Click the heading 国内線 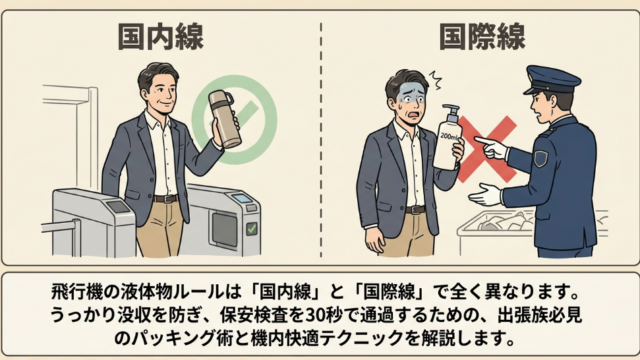(x=160, y=37)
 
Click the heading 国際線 (x=482, y=37)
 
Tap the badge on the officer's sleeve (x=540, y=158)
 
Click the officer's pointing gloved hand (x=491, y=148)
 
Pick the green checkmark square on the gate (x=251, y=229)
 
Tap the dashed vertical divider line (x=321, y=140)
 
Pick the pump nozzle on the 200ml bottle (x=451, y=111)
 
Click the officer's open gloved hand (x=485, y=195)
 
